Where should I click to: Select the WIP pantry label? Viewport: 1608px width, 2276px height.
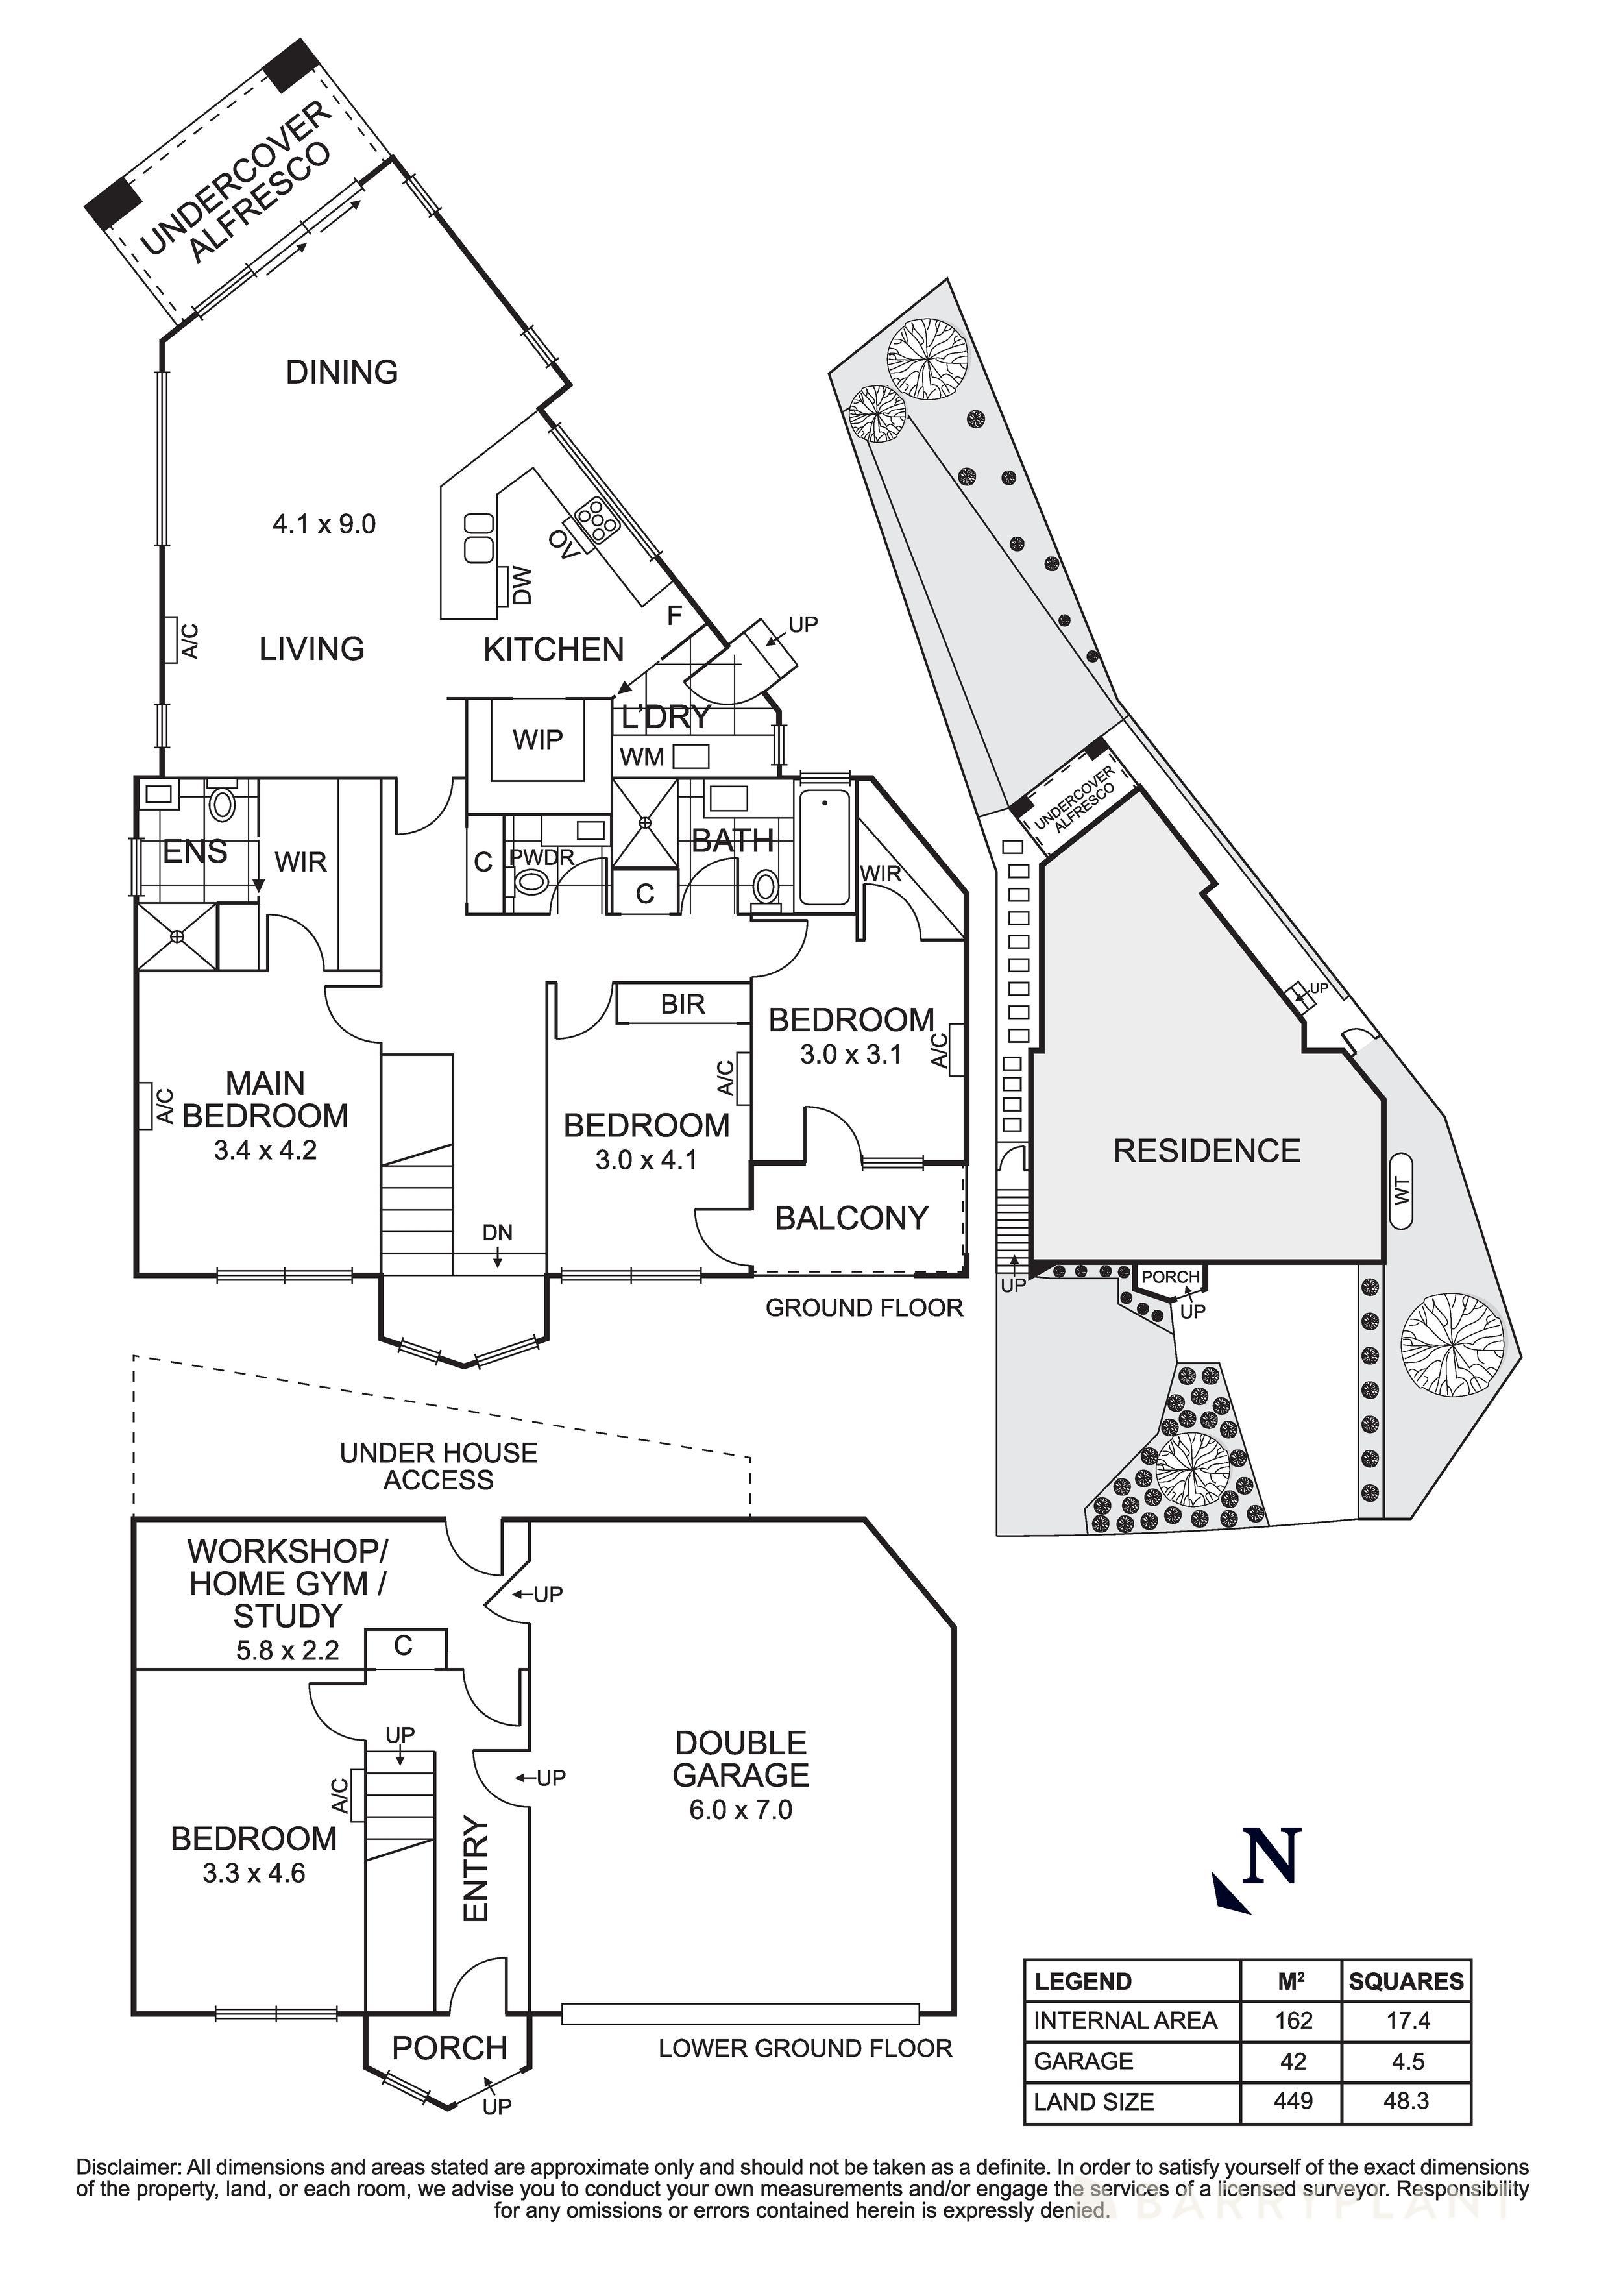point(537,739)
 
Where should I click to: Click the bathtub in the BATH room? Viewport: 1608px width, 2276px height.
point(824,848)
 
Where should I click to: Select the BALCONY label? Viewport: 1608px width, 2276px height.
point(851,1218)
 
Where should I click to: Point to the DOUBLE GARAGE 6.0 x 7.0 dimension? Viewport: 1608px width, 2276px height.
point(740,1810)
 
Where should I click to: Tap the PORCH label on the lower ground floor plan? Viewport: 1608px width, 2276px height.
point(449,2048)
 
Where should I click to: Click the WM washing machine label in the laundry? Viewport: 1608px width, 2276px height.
point(642,757)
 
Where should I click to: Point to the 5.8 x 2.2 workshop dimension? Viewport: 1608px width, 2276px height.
point(287,1650)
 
